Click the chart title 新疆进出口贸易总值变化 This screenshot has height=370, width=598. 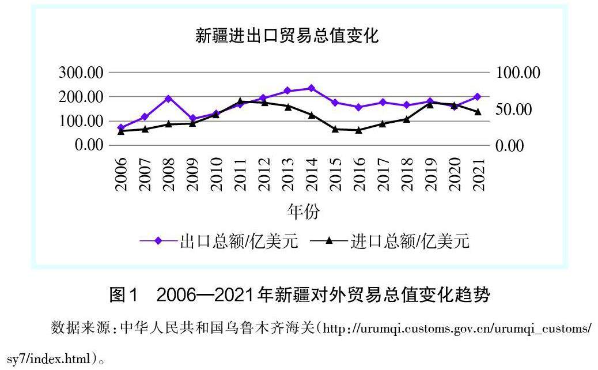coord(287,36)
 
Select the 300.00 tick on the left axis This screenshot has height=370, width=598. coord(81,73)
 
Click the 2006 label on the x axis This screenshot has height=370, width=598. coord(122,173)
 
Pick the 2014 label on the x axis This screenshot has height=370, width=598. coord(312,173)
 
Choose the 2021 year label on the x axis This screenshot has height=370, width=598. coord(478,173)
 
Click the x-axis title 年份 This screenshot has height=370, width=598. coord(303,212)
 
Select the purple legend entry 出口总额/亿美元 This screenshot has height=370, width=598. coord(219,241)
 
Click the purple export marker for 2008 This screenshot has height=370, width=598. coord(169,99)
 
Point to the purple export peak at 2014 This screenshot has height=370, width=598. coord(311,88)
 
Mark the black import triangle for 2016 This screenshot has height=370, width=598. coord(359,130)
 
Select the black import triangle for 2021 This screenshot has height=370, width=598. coord(478,112)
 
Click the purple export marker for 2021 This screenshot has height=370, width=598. coord(478,97)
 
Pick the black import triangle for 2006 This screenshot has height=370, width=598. coord(121,131)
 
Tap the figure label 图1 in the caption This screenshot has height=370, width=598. coord(124,296)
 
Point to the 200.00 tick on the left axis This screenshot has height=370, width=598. coord(81,97)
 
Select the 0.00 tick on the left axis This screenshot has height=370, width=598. coord(89,145)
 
